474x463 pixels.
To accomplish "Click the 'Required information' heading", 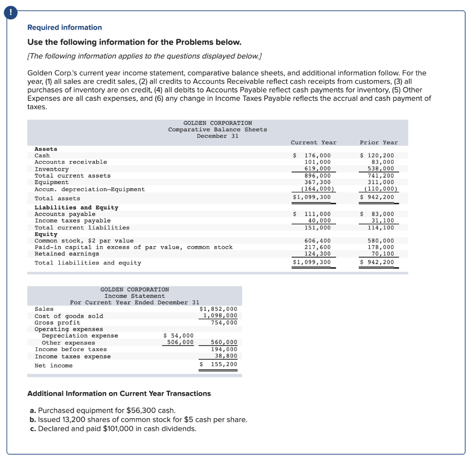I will point(64,28).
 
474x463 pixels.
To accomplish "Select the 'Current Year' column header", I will point(313,142).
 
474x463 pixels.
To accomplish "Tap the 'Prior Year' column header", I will point(378,142).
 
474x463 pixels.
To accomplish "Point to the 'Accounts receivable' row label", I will point(70,162).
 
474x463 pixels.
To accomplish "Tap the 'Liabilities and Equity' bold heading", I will point(76,208).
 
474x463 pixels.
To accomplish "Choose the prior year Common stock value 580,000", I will point(381,241).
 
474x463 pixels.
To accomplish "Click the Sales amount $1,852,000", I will point(218,309).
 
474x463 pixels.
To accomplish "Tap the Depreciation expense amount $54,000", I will point(179,336).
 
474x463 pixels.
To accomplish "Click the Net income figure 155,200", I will point(224,364).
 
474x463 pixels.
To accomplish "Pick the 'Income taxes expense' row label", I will point(73,356).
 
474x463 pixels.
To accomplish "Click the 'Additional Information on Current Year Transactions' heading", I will point(119,394).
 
